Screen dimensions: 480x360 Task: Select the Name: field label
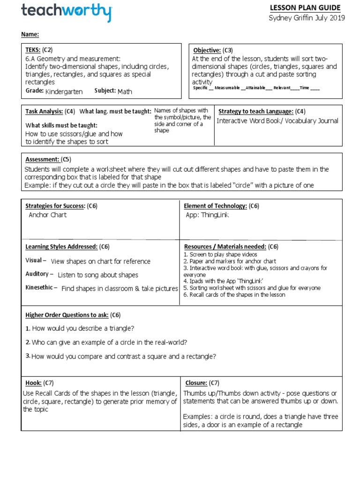coord(30,34)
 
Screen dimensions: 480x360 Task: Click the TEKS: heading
coord(33,50)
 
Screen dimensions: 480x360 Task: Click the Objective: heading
coord(207,50)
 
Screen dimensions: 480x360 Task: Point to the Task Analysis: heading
coord(44,112)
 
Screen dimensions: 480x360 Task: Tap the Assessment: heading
coord(41,159)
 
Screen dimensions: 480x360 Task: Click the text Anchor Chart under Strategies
coord(47,215)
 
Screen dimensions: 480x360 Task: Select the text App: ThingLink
coord(207,215)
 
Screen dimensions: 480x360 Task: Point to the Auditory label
coord(37,274)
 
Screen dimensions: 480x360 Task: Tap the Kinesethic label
coord(39,288)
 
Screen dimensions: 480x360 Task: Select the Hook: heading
coord(33,383)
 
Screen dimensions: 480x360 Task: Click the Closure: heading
coord(196,383)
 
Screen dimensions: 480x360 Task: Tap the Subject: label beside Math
coord(105,91)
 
